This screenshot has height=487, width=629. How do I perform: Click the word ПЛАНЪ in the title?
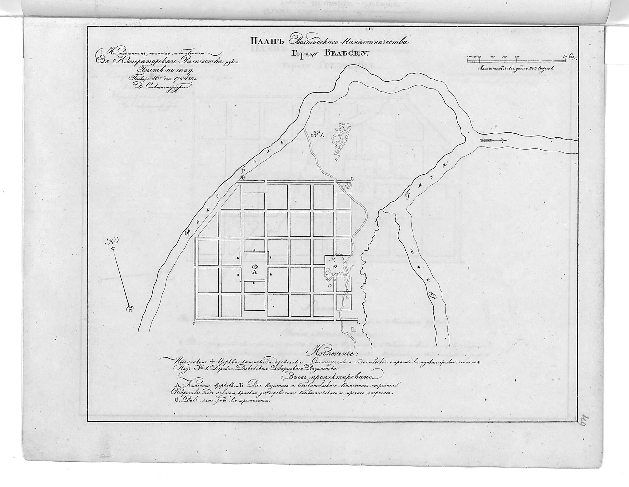(266, 41)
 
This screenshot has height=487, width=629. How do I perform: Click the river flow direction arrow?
(493, 140)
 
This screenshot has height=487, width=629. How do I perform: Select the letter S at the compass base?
(131, 308)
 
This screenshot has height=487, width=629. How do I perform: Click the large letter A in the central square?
(254, 272)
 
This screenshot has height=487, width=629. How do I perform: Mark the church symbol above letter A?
(255, 267)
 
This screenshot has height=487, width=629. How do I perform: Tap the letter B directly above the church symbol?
(254, 250)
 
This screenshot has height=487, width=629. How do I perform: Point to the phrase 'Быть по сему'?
(159, 70)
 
